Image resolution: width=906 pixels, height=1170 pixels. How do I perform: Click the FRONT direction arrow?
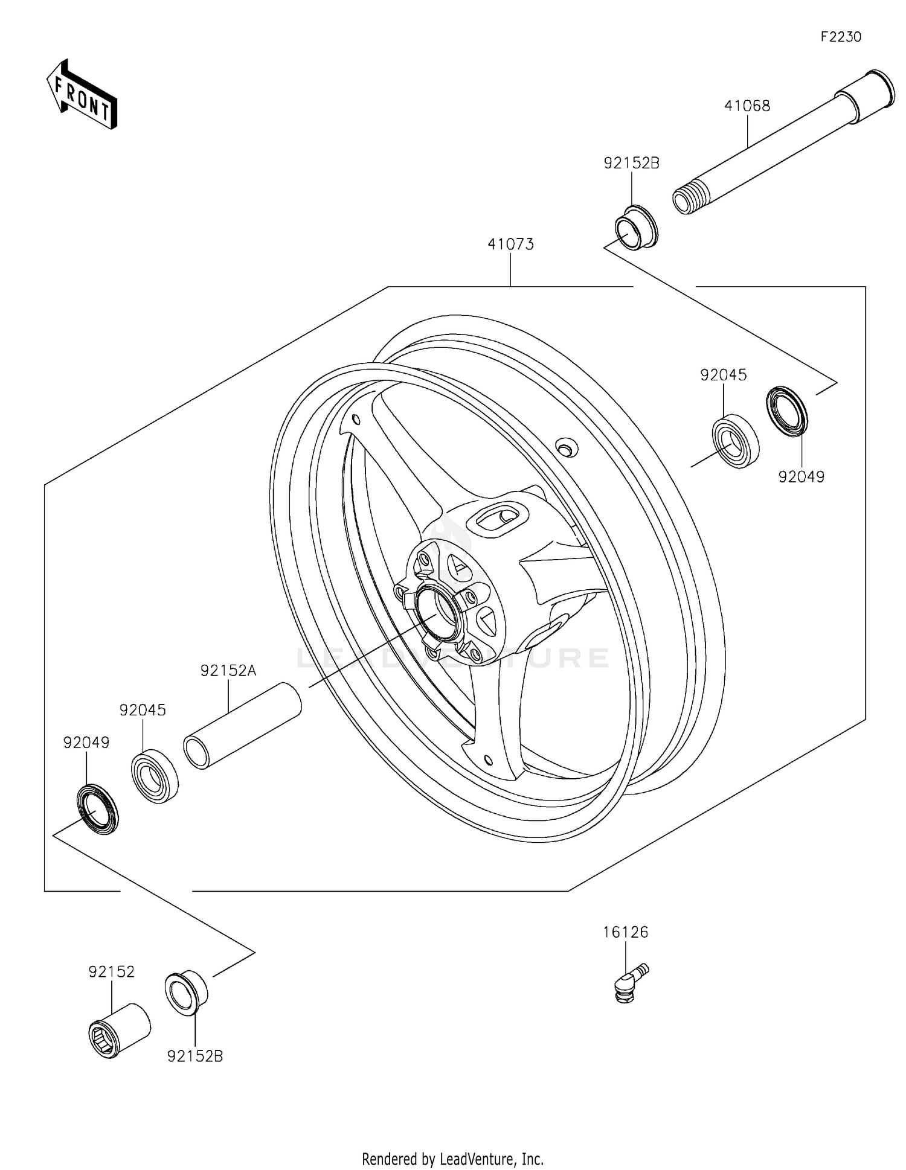82,95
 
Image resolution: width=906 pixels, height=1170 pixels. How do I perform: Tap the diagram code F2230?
841,37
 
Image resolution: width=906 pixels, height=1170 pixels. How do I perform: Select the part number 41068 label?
747,106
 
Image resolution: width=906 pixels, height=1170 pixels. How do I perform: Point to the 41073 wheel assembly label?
510,245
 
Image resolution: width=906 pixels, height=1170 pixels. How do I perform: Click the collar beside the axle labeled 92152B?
635,227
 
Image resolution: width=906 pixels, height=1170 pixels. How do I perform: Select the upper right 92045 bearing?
735,441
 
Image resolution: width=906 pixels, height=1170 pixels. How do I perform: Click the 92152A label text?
228,671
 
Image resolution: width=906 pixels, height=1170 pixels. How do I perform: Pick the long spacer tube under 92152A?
242,725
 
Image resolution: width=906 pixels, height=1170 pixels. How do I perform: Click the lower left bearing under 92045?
155,777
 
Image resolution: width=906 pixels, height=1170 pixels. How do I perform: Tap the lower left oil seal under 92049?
97,809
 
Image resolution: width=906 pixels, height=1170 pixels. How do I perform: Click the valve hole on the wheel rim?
566,448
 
